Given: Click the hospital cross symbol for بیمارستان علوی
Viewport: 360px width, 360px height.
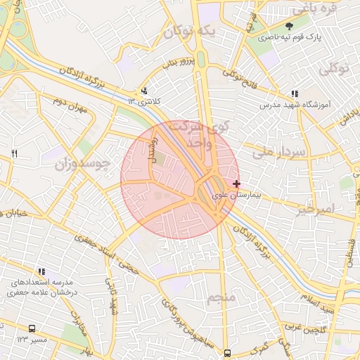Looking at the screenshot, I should [x=236, y=184].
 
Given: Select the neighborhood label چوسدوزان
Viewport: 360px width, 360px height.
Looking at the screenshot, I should [x=83, y=165].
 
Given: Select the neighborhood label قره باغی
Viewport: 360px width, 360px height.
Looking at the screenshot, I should [x=315, y=10].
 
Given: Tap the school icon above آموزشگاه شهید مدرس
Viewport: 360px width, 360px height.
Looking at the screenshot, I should [x=294, y=94].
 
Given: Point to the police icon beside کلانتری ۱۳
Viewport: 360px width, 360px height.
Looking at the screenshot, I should [x=145, y=91].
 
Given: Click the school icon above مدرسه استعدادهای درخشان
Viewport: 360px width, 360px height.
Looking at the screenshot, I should [x=42, y=271].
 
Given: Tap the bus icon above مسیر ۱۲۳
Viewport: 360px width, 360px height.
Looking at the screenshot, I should [x=32, y=328].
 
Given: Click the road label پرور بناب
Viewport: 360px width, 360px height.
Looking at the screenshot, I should [x=176, y=63].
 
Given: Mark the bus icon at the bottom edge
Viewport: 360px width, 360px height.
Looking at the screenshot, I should [x=226, y=354].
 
